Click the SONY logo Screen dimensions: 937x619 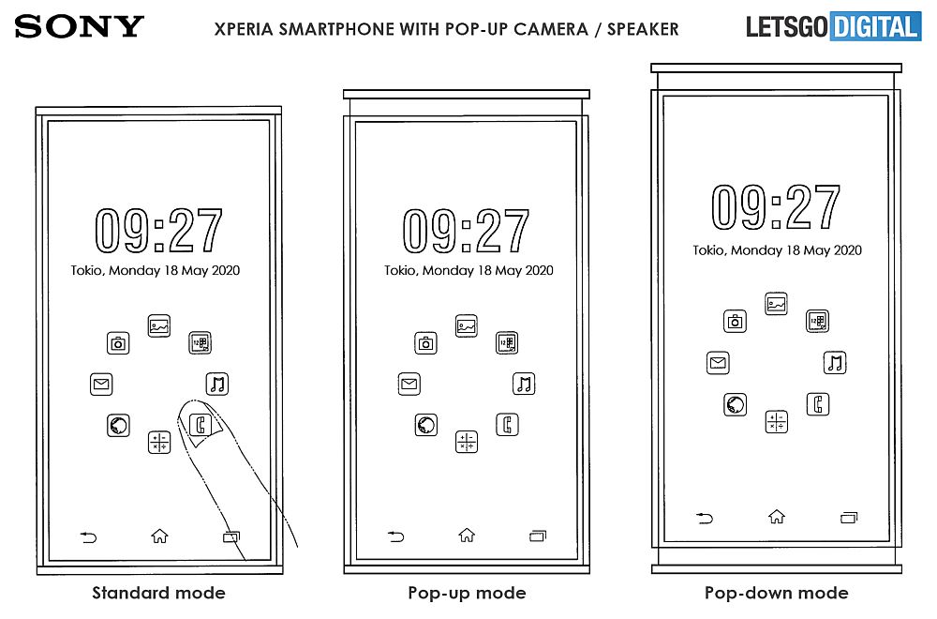[79, 26]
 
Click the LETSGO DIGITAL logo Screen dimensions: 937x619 [834, 26]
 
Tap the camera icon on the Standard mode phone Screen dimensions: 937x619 [118, 343]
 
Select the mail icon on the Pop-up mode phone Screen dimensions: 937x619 [409, 384]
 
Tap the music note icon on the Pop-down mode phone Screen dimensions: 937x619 [835, 362]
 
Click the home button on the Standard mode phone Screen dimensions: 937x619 [159, 536]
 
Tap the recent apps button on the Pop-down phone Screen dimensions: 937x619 [849, 518]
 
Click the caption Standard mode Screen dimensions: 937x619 [158, 593]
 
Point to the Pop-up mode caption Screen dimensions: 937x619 [467, 593]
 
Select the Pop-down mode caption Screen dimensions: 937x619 [776, 593]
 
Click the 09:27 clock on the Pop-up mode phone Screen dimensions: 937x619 [466, 231]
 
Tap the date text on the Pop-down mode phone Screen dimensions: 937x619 [777, 250]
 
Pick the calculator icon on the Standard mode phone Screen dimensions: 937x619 [159, 443]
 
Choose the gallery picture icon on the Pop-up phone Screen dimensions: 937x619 [466, 326]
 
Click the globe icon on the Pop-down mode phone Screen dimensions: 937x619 [735, 404]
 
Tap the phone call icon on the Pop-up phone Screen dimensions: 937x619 [507, 425]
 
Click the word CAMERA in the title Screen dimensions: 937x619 [550, 29]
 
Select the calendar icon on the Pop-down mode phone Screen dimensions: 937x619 [817, 321]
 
